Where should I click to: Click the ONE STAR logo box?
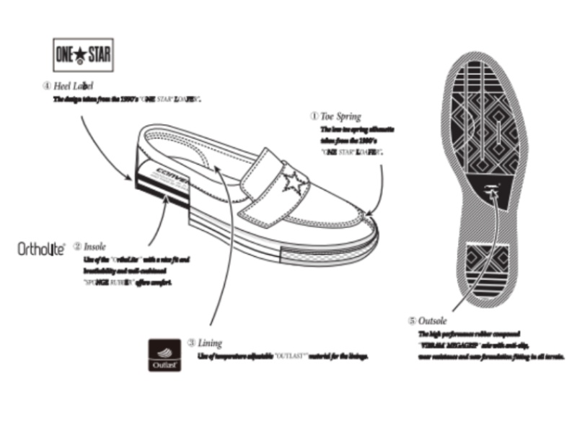click(84, 54)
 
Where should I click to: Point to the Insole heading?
click(94, 246)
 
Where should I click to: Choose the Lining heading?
click(210, 343)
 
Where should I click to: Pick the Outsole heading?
click(433, 320)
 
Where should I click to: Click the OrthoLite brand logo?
click(41, 249)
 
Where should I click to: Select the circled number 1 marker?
click(314, 115)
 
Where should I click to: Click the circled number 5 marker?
click(412, 320)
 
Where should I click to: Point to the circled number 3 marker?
click(191, 343)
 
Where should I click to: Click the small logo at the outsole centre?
click(493, 191)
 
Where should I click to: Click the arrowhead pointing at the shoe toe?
click(367, 214)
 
